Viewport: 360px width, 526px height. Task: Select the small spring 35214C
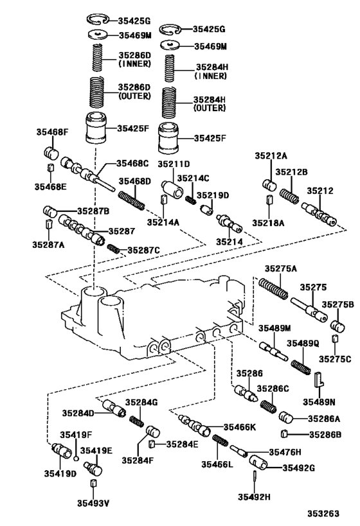coord(190,200)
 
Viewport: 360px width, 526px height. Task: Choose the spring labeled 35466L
coord(221,443)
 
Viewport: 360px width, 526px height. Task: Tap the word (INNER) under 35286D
coord(134,64)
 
